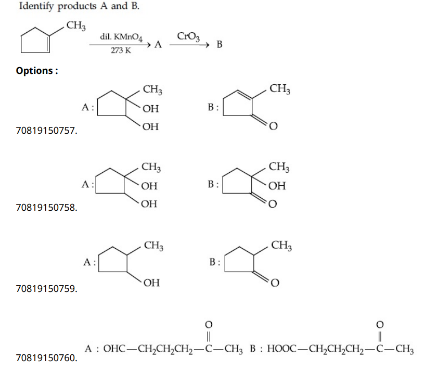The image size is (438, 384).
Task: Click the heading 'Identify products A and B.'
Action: (x=79, y=7)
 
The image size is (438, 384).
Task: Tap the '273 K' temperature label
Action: (x=121, y=51)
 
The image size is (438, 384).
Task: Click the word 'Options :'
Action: (x=37, y=70)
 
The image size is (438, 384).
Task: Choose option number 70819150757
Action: (x=47, y=131)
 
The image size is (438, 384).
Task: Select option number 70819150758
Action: (x=47, y=208)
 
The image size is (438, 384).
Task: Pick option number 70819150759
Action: (x=47, y=288)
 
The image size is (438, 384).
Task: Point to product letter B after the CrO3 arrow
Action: (x=219, y=45)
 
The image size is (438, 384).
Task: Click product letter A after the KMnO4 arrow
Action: (x=158, y=45)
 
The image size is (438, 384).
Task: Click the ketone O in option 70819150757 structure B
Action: (x=275, y=125)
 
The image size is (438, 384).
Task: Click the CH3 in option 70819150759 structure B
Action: (x=281, y=245)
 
